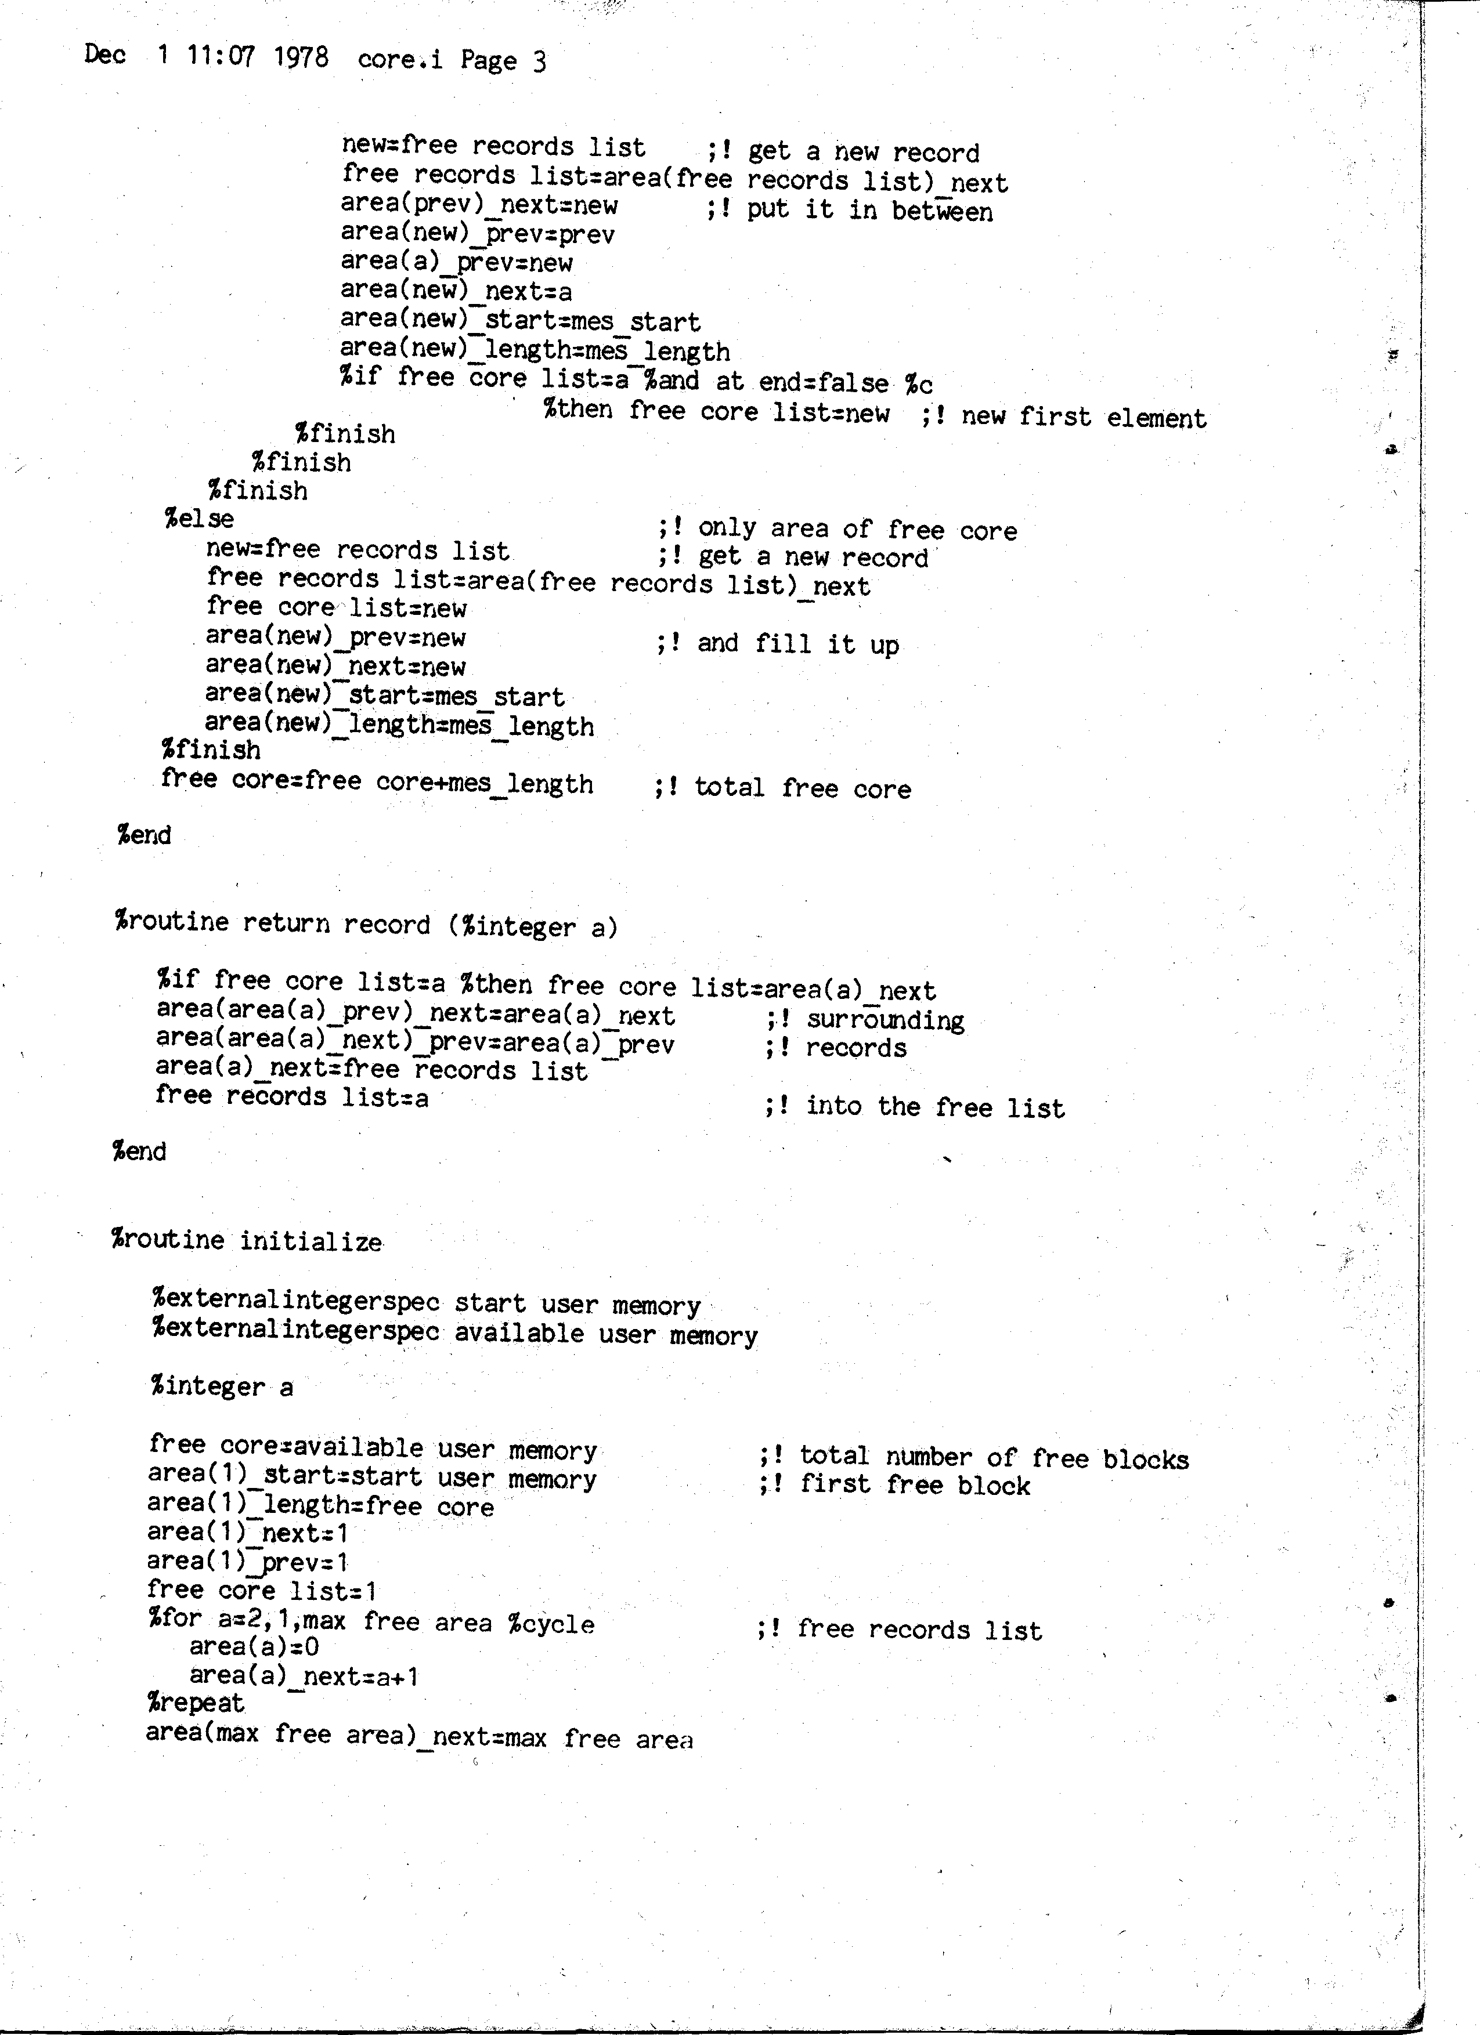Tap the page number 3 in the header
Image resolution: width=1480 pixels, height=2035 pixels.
click(539, 61)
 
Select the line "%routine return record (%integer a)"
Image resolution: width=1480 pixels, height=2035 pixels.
click(366, 924)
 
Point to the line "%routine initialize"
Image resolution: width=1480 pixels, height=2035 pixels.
click(247, 1241)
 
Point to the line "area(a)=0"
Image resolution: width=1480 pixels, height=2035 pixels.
click(254, 1646)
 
